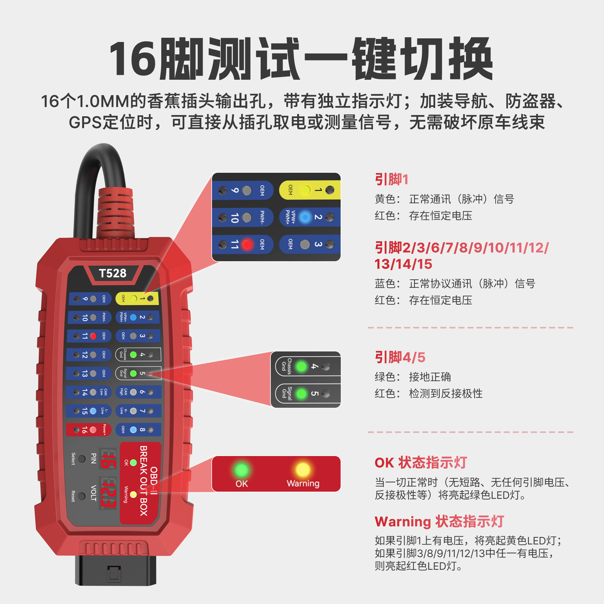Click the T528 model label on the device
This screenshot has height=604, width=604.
(x=113, y=273)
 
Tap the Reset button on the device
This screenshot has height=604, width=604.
(x=82, y=496)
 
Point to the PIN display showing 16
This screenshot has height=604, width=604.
(x=108, y=459)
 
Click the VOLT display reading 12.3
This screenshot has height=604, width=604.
(x=108, y=493)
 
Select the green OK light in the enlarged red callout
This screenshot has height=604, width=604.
(x=241, y=470)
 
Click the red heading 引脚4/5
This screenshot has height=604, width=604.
(x=400, y=357)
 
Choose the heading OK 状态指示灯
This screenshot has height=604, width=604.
(x=421, y=462)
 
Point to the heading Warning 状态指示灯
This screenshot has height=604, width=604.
(x=439, y=522)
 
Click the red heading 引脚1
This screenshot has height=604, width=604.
(x=391, y=179)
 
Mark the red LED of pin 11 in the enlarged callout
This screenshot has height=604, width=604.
(x=247, y=245)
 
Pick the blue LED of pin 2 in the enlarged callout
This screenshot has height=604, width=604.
(x=305, y=217)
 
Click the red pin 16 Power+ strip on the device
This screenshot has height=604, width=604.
(x=88, y=430)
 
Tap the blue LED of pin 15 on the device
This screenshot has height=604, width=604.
(x=93, y=411)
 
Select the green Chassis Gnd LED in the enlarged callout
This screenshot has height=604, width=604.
(x=301, y=366)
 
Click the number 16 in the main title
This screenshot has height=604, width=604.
(x=133, y=59)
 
